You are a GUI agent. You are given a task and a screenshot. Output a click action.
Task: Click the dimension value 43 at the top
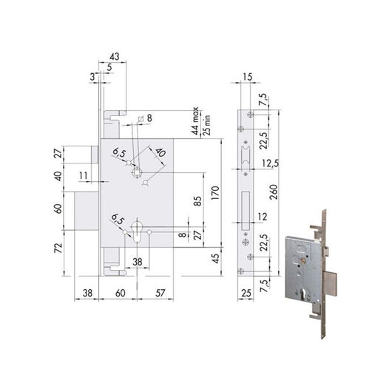pos(113,56)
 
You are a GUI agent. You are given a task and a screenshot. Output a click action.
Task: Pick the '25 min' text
pos(206,123)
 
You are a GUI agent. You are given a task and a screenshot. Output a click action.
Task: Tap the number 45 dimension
pos(215,257)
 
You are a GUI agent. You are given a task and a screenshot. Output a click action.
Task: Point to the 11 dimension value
pos(83,176)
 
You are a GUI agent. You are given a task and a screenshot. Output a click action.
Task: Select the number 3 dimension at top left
pos(93,75)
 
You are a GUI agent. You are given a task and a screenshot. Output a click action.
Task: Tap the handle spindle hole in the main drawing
pos(136,173)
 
